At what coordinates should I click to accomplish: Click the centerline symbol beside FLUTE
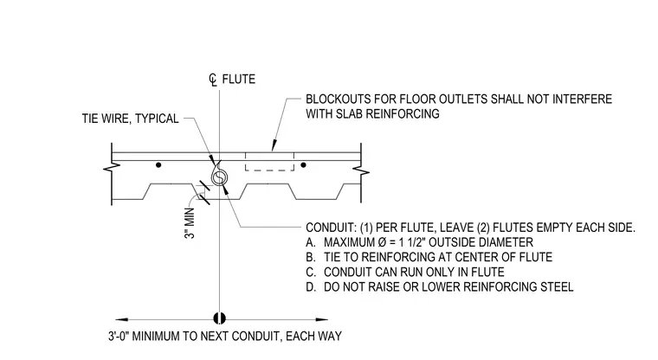pos(213,80)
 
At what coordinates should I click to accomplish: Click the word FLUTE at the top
pos(238,80)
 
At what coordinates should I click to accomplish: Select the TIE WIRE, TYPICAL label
pos(130,119)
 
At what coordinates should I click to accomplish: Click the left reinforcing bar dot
pos(158,165)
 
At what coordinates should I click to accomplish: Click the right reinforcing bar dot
pos(303,165)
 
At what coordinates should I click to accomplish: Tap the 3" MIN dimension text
pos(190,223)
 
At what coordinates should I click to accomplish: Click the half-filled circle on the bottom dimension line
pos(219,318)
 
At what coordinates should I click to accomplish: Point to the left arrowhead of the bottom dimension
pos(122,319)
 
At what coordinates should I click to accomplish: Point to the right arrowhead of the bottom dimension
pos(321,319)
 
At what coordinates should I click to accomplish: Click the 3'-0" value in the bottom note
pos(119,336)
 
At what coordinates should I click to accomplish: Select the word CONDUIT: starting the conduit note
pos(331,228)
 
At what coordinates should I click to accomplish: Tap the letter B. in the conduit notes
pos(311,257)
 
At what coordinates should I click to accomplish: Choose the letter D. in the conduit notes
pos(311,287)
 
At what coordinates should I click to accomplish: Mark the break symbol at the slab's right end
pos(361,170)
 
